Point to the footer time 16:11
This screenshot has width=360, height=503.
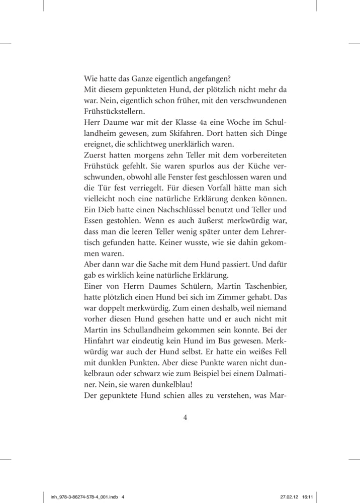tap(308, 496)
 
